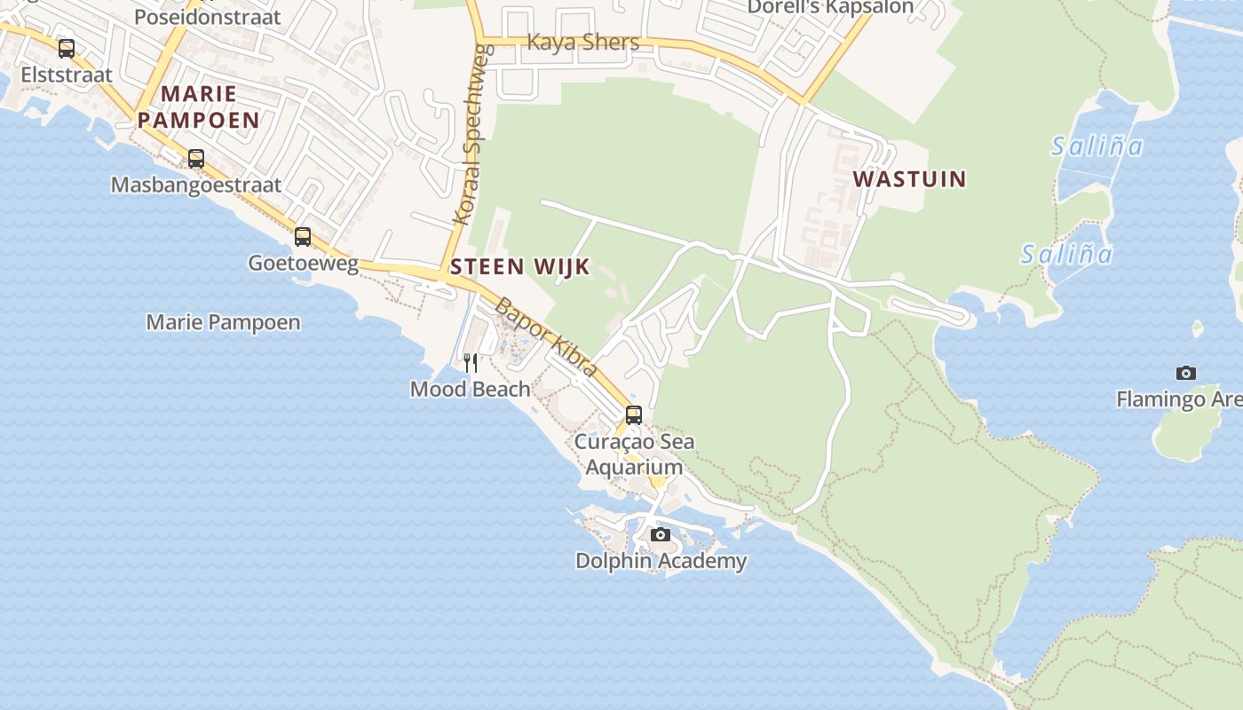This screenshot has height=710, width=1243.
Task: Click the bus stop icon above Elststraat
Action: click(67, 48)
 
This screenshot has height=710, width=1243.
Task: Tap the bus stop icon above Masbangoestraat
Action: click(196, 159)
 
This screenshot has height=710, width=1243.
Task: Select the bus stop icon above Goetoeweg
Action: click(303, 237)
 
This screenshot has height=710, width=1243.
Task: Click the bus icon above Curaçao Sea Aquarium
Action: click(633, 414)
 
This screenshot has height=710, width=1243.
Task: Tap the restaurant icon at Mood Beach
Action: click(471, 362)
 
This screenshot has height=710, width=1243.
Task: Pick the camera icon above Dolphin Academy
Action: click(661, 534)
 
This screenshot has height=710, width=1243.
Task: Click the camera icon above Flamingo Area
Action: click(1185, 373)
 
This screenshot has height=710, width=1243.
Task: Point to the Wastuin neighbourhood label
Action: click(909, 178)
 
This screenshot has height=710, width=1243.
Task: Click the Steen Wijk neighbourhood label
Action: click(520, 266)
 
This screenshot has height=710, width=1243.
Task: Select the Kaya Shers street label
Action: click(583, 42)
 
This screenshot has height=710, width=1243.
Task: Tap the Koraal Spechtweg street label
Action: click(471, 133)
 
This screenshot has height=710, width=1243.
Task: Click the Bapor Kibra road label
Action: click(545, 336)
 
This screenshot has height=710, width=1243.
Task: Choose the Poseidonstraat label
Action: click(207, 16)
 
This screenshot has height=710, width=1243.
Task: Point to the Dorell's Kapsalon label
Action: click(829, 7)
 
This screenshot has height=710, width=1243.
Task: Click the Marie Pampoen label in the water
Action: click(223, 322)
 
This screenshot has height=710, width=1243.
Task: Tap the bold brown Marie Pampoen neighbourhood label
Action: click(199, 106)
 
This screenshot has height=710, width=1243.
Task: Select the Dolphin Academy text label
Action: click(661, 561)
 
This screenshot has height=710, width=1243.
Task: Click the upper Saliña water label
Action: click(1097, 146)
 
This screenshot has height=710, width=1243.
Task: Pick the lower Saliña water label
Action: click(1065, 255)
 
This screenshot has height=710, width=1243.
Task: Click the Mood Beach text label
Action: click(470, 389)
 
